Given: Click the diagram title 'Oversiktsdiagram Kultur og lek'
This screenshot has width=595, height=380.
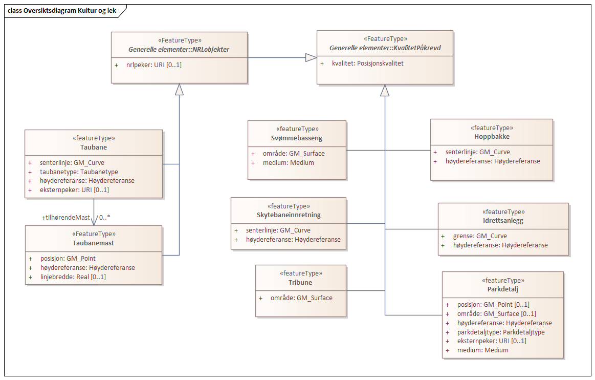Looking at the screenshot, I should coord(61,11).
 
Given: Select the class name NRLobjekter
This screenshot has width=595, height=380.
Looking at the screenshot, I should coord(179,50).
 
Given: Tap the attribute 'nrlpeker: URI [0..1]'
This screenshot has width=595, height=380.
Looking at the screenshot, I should coord(153,65).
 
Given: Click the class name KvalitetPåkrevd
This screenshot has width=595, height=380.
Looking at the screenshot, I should coord(385,48).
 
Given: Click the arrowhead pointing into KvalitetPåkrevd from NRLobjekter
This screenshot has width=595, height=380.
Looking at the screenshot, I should coord(311,57).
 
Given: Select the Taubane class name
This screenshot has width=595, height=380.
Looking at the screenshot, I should coord(94,147).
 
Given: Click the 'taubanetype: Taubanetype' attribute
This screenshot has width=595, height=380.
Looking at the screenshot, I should coord(79,172).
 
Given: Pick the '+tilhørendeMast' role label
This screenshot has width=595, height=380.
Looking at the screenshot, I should coord(66,217).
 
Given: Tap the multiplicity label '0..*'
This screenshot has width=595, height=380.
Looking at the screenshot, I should coord(104,217).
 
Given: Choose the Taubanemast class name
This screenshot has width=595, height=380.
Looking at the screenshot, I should coord(94,243).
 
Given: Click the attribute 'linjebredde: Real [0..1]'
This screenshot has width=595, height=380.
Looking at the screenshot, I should coord(73,277).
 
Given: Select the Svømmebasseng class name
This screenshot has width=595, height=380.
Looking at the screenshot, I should coord(297,138).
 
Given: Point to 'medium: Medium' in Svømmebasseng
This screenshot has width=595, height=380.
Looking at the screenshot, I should coord(289,163).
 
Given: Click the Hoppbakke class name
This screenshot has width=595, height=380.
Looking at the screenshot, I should coord(491,137).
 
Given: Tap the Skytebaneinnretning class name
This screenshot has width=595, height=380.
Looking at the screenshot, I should coord(289,215).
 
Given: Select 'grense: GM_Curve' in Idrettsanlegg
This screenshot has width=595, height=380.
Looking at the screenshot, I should coord(479,236).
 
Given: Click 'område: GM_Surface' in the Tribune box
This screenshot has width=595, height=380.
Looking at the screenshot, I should coord(301,298).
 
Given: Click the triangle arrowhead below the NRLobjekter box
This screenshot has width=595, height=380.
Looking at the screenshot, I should coord(179,89).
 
